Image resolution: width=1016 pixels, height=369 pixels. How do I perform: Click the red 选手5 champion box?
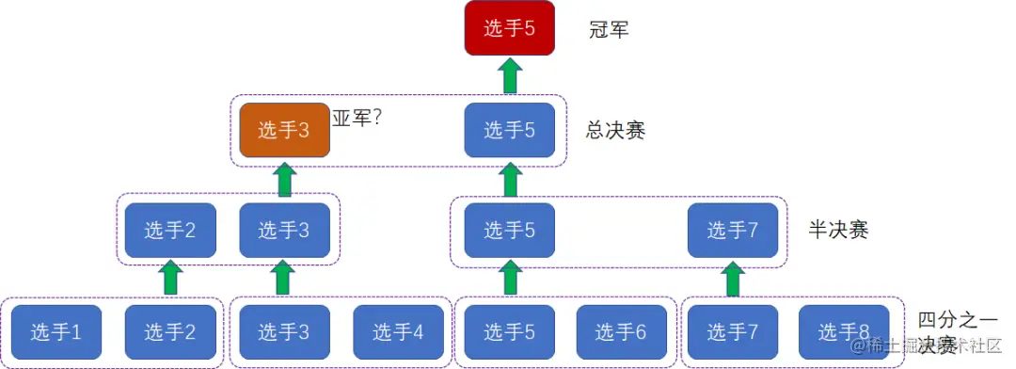(509, 28)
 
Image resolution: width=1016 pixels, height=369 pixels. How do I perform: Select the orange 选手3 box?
(284, 130)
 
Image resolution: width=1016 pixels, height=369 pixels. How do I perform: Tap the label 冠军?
(608, 29)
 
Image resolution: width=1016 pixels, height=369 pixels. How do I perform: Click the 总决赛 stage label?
(615, 131)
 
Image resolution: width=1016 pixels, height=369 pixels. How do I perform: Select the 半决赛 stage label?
(838, 230)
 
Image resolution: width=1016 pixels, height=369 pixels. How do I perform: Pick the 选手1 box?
(56, 331)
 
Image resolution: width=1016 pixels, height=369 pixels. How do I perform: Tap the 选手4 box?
(398, 331)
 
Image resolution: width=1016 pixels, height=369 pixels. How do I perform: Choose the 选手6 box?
(621, 331)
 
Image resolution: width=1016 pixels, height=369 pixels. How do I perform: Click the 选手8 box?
(844, 331)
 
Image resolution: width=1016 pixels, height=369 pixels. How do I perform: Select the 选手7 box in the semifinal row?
(733, 230)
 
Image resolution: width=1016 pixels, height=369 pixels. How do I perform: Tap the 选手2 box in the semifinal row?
(170, 230)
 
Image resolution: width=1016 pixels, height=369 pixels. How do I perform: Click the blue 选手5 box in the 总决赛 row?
(510, 130)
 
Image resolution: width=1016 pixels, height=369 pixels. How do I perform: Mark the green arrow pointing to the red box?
(510, 75)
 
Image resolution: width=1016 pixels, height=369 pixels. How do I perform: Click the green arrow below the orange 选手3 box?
(284, 179)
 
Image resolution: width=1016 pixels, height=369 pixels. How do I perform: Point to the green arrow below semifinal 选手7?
(733, 279)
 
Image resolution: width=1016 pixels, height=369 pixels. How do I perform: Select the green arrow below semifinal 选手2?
(170, 279)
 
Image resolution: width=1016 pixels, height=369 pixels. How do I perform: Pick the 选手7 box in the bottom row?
(733, 331)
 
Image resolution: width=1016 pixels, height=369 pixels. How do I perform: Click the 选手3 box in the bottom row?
(284, 331)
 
